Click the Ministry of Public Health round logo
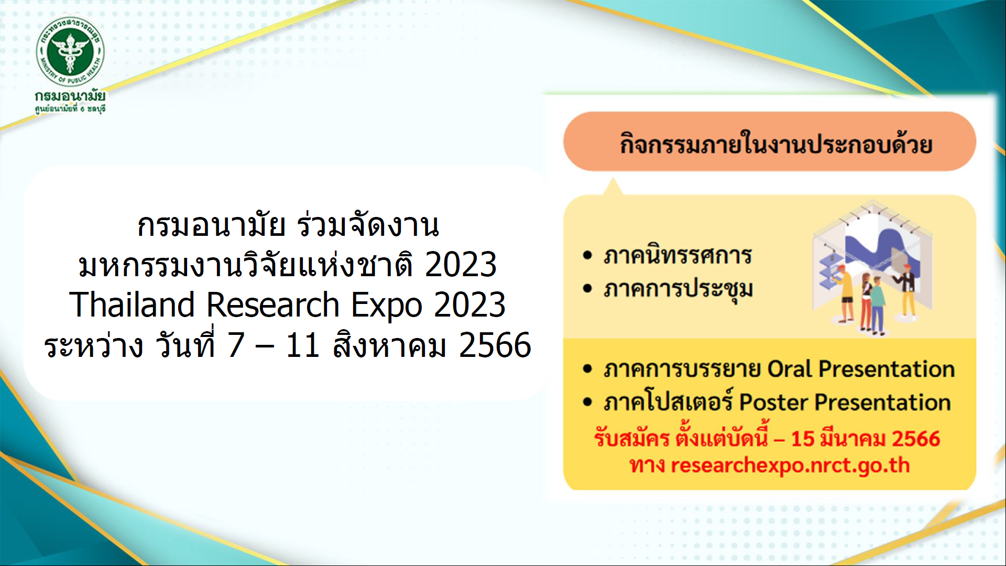[70, 51]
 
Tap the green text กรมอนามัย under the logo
[70, 96]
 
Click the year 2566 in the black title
[495, 345]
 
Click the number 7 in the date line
[236, 345]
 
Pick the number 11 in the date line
[303, 345]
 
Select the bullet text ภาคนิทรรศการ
[677, 255]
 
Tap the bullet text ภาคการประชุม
[678, 289]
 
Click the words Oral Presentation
[861, 369]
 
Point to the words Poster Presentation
[845, 402]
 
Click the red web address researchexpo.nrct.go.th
[790, 465]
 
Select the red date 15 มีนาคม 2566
[866, 438]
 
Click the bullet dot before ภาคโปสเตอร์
[587, 402]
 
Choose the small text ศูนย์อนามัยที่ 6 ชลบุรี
[70, 109]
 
